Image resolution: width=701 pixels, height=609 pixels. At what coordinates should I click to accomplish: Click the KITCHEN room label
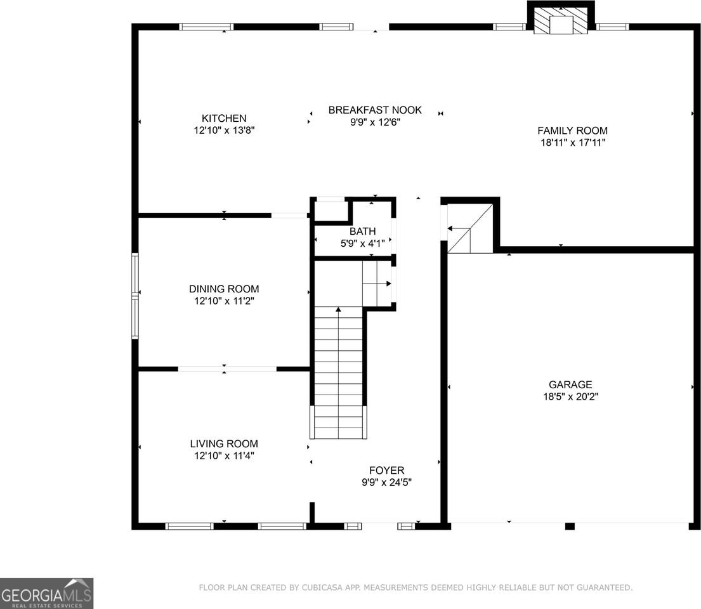[x=224, y=118]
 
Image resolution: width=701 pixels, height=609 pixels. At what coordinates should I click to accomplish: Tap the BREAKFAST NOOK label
[x=375, y=110]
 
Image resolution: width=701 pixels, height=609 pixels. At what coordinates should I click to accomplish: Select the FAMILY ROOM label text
[x=572, y=131]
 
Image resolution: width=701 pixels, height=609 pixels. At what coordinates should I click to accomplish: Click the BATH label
[x=362, y=232]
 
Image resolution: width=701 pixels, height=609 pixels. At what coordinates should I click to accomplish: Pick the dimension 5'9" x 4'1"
[x=362, y=243]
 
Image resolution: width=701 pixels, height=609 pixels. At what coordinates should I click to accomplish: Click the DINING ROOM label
[x=224, y=289]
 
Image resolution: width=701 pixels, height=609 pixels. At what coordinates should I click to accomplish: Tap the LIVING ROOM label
[x=224, y=444]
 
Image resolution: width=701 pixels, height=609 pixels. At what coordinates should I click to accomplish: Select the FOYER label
[x=387, y=471]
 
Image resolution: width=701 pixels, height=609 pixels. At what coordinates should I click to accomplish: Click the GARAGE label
[x=570, y=384]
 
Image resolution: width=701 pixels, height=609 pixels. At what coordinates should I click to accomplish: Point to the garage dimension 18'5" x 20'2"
[x=570, y=397]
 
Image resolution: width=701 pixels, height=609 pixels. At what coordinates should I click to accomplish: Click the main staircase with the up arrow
[x=339, y=371]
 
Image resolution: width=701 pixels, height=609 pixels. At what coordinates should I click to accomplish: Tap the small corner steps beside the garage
[x=470, y=229]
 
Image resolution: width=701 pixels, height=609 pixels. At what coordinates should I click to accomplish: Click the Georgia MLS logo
[x=46, y=593]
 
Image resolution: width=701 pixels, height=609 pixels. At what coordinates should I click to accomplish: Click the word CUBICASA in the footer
[x=325, y=588]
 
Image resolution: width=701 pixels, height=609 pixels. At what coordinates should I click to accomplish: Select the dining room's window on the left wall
[x=134, y=296]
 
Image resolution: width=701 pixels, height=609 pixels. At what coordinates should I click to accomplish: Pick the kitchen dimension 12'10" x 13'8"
[x=224, y=130]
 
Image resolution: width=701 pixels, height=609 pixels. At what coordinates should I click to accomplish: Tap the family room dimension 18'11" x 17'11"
[x=572, y=143]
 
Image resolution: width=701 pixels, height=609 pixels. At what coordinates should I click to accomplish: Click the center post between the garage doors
[x=569, y=526]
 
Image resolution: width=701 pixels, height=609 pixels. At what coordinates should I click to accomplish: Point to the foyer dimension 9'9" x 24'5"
[x=387, y=483]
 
